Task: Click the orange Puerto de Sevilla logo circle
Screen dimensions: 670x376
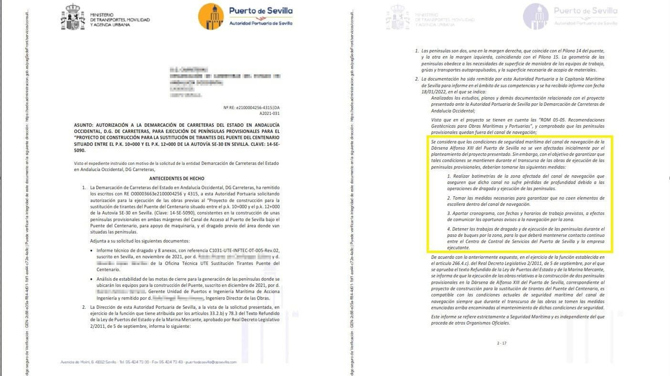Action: [x=211, y=17]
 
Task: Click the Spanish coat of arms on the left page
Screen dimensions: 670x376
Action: [x=73, y=17]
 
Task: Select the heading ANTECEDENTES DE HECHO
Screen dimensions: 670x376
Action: [x=177, y=179]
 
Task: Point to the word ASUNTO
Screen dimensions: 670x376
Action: [x=83, y=125]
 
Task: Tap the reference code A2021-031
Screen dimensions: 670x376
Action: [x=269, y=113]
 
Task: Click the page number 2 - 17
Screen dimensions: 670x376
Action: [x=502, y=343]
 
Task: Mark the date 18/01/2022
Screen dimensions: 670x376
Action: [x=434, y=92]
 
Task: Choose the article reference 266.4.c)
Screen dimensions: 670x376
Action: [x=459, y=263]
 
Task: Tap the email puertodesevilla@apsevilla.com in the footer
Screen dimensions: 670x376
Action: [x=211, y=362]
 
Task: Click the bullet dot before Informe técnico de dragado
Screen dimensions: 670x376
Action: [x=92, y=251]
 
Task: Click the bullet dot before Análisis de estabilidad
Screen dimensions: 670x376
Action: [x=92, y=279]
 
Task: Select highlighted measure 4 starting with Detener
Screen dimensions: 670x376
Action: [x=526, y=238]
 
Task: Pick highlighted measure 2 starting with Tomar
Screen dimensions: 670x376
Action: [x=526, y=201]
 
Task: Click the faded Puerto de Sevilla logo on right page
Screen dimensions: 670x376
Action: [x=536, y=17]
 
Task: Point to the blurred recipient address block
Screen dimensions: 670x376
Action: [x=225, y=82]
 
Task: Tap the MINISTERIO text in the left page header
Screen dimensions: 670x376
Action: [x=102, y=15]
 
